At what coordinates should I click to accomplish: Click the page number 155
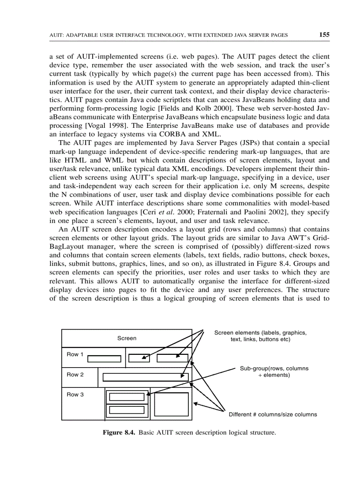coord(324,35)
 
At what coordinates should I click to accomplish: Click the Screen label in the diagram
coord(127,338)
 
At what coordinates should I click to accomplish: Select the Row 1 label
coord(75,354)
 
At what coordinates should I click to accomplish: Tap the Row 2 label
coord(75,375)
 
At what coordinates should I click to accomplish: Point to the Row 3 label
coord(75,395)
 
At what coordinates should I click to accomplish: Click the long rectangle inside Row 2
coord(145,377)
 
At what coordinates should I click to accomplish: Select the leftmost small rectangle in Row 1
coord(104,359)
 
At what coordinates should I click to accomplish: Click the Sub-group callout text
coord(274,372)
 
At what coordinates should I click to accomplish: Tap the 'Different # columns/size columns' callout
coord(272,414)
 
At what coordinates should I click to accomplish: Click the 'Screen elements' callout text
coord(260,336)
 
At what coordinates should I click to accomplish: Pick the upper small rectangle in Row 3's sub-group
coord(127,397)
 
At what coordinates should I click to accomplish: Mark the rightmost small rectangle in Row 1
coord(172,358)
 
